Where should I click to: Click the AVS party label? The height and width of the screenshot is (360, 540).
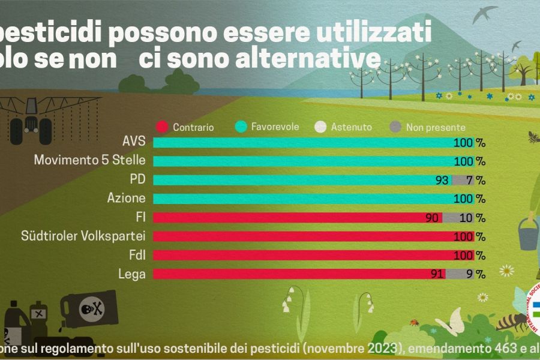click(134, 142)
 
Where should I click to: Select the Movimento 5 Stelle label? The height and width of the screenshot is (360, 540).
click(90, 161)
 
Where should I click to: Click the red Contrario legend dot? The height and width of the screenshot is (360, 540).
click(161, 127)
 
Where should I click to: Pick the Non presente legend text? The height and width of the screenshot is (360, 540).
click(436, 127)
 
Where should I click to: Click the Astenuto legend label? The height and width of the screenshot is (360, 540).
click(352, 127)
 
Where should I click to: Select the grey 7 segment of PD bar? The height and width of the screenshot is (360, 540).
click(462, 180)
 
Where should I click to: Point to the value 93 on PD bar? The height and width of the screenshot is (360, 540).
click(443, 180)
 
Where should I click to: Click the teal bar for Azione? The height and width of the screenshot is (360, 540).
click(306, 199)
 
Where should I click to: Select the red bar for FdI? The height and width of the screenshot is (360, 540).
click(306, 255)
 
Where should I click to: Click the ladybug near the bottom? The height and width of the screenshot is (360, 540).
click(413, 322)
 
